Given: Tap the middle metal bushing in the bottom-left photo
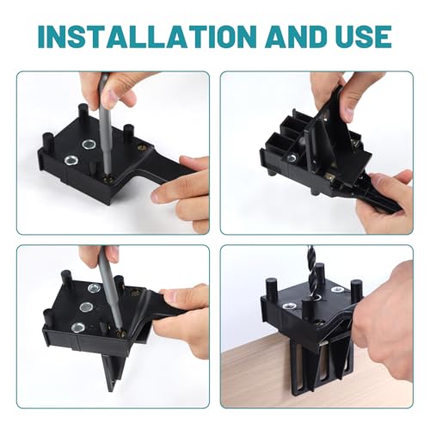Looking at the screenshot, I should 88,305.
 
